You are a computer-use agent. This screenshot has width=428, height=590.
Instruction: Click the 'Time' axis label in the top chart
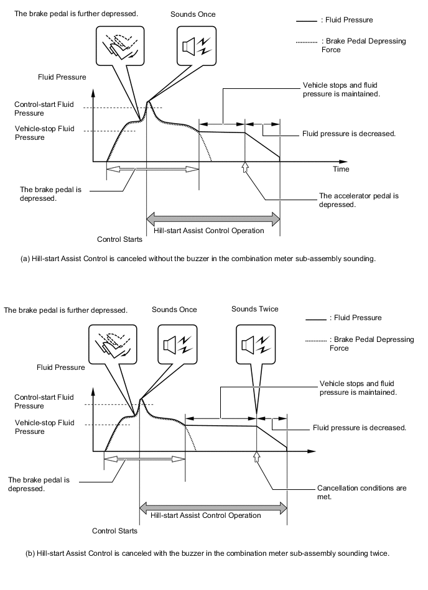341,169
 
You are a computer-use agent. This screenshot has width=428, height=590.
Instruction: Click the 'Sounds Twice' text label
254,309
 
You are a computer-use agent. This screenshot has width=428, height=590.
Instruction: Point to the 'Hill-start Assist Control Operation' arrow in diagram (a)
213,219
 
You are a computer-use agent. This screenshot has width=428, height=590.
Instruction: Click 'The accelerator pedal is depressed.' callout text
358,200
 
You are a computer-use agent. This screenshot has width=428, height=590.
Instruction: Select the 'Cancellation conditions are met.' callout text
361,492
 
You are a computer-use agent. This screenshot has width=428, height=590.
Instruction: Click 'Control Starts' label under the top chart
119,239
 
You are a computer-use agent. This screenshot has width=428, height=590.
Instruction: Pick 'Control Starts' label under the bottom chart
114,531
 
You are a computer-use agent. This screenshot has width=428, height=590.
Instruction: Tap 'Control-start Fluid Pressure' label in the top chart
39,109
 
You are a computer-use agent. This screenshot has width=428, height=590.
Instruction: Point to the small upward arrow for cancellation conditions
256,458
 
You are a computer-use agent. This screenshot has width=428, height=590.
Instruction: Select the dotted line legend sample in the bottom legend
316,341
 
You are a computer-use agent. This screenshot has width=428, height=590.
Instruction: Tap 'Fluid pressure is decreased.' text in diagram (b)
360,428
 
